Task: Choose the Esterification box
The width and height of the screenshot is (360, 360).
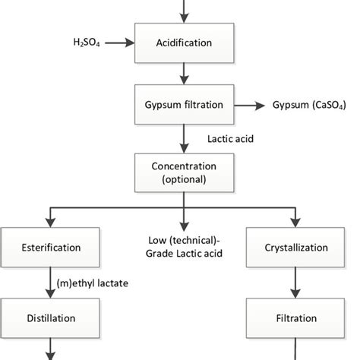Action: [x=52, y=248]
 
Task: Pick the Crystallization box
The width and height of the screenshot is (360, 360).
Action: [x=296, y=248]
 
